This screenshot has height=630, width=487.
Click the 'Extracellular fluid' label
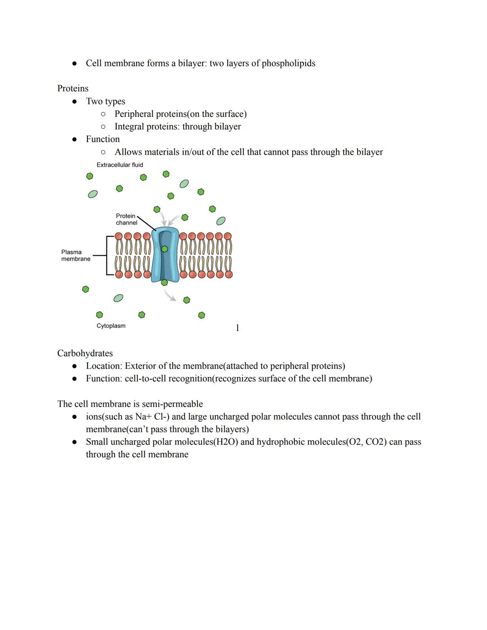pos(119,165)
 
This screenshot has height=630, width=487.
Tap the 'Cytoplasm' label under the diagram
pos(111,326)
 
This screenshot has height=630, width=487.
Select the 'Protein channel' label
pos(126,219)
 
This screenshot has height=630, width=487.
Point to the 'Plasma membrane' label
pos(76,255)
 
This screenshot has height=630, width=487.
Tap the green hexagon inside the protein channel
pos(165,249)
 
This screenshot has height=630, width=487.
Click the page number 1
pos(238,328)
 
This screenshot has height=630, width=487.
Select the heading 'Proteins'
pos(73,88)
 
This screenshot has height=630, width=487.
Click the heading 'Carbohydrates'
pos(85,353)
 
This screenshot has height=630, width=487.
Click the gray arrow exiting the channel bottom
pos(170,295)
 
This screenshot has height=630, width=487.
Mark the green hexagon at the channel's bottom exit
pos(165,283)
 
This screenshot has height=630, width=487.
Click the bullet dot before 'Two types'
pos(75,101)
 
